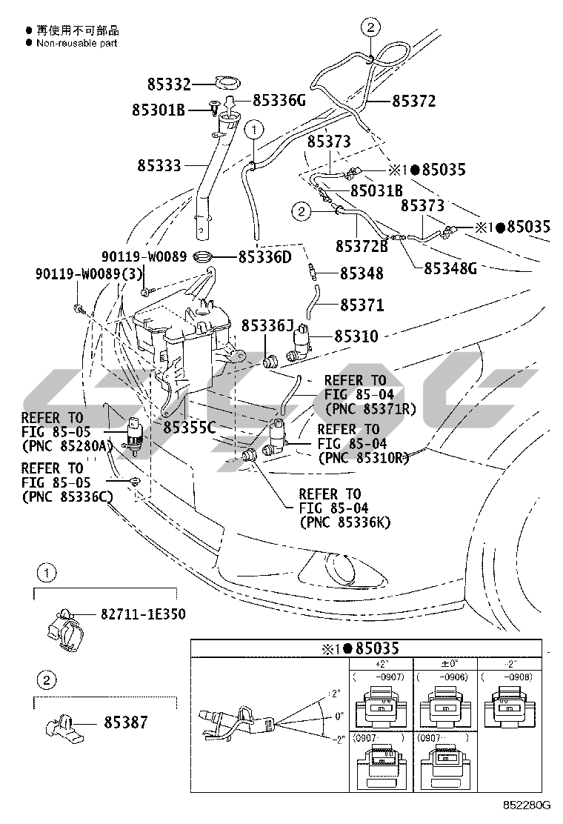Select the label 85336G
click(279, 99)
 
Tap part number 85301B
click(158, 110)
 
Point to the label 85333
click(159, 166)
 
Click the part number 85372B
click(362, 245)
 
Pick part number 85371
click(362, 305)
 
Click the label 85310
click(356, 336)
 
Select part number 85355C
click(189, 427)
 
